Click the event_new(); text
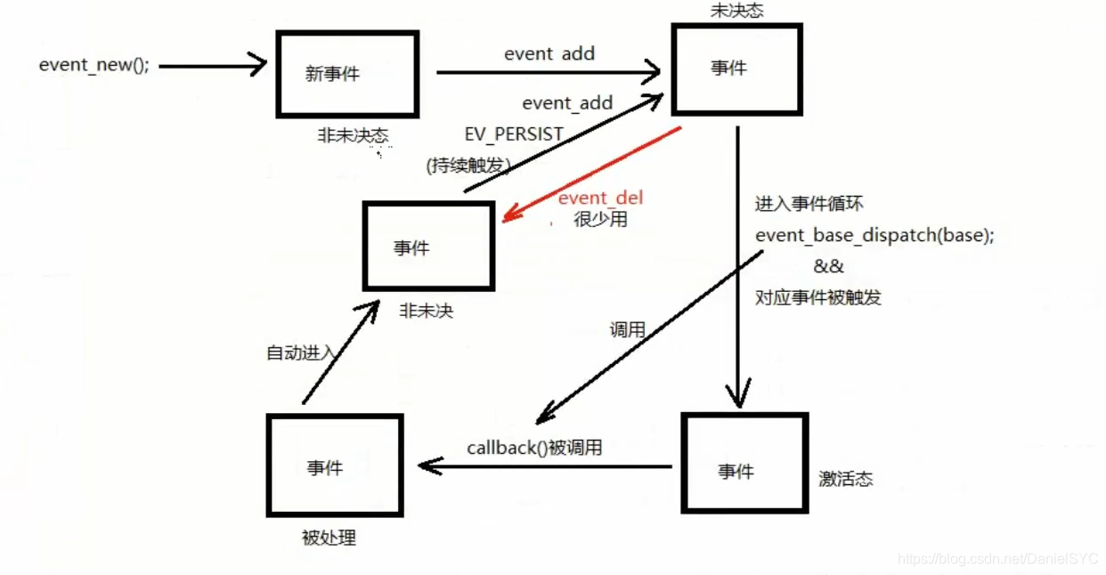(94, 66)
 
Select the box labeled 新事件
(347, 74)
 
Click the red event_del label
(600, 198)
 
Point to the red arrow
(592, 174)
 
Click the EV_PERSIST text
(514, 134)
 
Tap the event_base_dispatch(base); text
(874, 236)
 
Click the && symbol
(828, 266)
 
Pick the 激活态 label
(846, 479)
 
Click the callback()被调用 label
(534, 448)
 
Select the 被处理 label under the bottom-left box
(329, 538)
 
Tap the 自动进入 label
(302, 352)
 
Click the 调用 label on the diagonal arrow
(627, 330)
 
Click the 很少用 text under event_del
(600, 219)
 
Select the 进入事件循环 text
(809, 204)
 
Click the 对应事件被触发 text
(817, 297)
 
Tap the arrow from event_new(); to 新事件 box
(213, 65)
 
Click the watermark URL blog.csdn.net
(997, 559)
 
